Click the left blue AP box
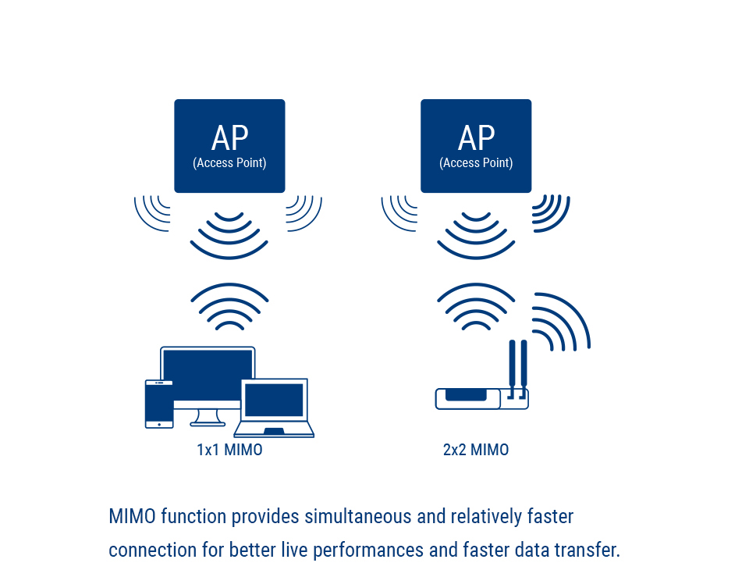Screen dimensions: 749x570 point(229,146)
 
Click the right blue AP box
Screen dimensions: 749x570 point(476,146)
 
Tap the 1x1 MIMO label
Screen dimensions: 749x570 point(229,450)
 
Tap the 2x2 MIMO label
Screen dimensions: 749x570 point(476,450)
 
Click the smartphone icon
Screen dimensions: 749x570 point(159,404)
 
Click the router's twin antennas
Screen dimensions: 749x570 point(518,369)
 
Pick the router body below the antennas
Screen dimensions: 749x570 point(481,399)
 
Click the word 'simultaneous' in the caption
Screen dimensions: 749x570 point(358,517)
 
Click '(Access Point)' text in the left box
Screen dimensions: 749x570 point(229,163)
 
